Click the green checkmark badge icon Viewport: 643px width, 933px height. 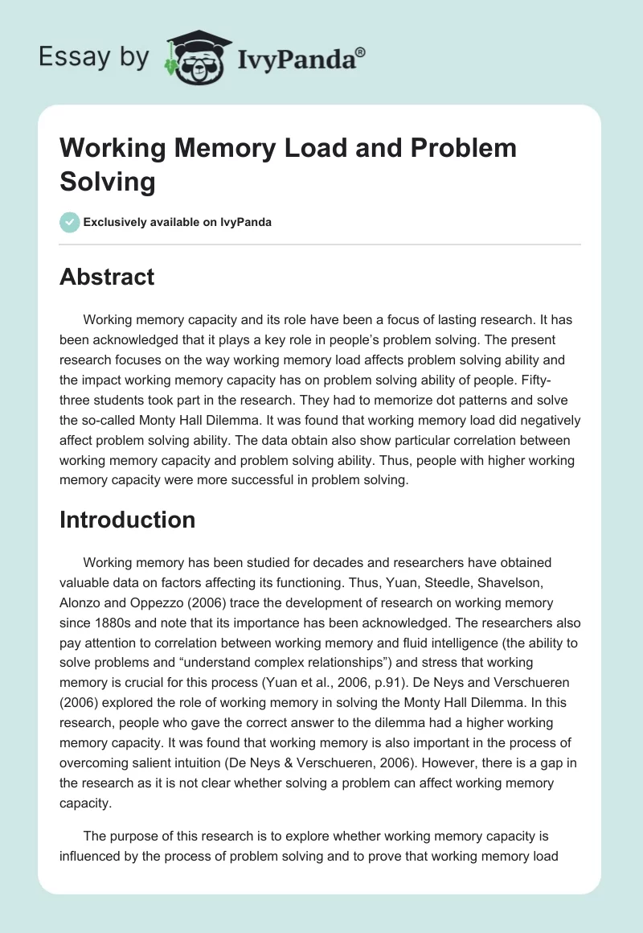[x=69, y=222]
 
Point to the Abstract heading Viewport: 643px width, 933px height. [x=107, y=277]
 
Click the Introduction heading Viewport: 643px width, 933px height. [x=127, y=520]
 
